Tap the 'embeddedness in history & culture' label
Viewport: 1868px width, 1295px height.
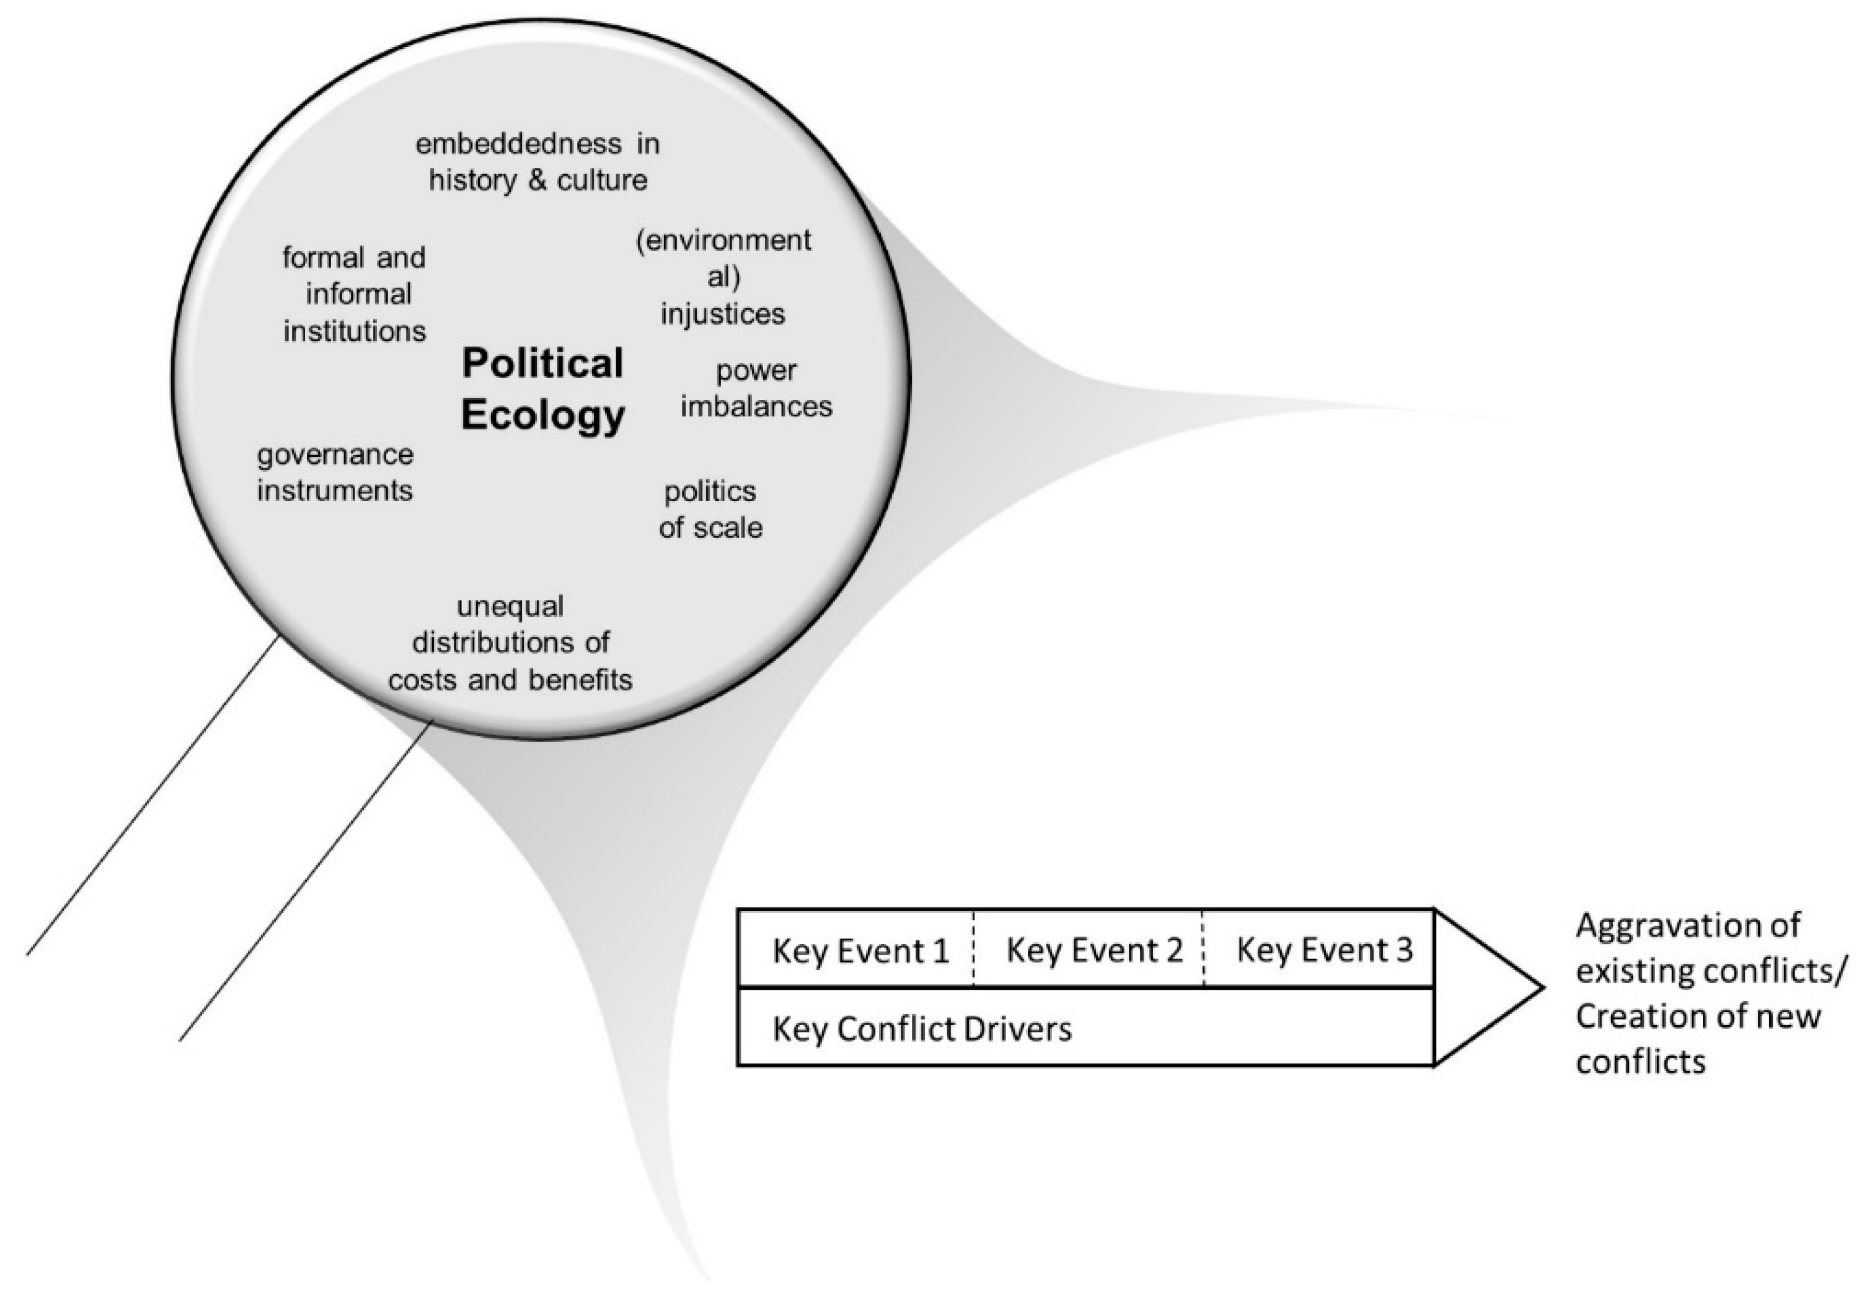[538, 162]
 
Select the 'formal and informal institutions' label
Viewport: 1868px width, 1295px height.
[355, 293]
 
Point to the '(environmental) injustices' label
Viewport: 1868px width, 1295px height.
[723, 276]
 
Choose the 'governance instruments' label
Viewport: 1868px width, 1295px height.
[335, 472]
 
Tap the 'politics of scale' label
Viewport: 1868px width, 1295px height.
[710, 509]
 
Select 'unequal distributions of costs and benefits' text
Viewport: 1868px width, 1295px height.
[510, 643]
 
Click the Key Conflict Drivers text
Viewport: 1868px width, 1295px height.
[921, 1029]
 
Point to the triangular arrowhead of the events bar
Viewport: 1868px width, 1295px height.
[1484, 987]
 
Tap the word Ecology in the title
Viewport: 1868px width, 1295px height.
[543, 415]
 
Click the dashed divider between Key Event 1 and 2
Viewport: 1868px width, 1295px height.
[973, 949]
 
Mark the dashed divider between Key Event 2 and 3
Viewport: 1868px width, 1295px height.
[1204, 949]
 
